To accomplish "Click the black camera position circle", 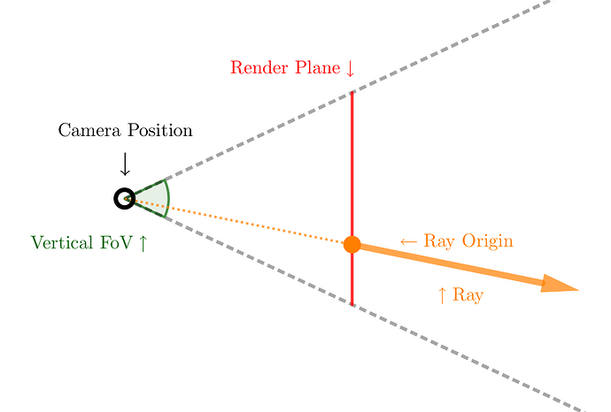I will click(x=124, y=198).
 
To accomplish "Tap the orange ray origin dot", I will click(x=352, y=244).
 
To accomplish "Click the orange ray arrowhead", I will click(x=561, y=285).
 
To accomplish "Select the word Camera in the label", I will click(x=88, y=131).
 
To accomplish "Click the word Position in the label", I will click(x=159, y=131).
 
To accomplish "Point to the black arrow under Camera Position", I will click(x=125, y=164).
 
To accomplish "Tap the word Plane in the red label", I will click(x=316, y=68).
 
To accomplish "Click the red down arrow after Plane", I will click(x=351, y=68).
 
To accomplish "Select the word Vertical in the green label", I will click(x=62, y=242).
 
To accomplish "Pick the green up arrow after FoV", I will click(x=143, y=242).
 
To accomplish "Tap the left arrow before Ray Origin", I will click(x=408, y=241).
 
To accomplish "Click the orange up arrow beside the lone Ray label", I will click(x=443, y=295).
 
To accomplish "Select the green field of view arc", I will click(x=166, y=197).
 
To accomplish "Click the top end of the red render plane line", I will click(x=352, y=93).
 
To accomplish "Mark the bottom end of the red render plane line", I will click(x=352, y=304).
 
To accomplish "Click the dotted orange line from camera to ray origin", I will click(x=239, y=221).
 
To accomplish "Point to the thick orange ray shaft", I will click(x=452, y=264).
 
